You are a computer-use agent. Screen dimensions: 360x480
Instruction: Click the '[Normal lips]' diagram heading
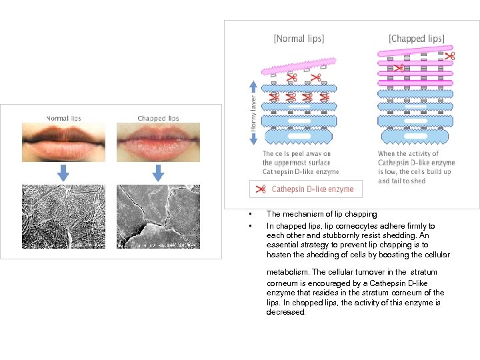299,39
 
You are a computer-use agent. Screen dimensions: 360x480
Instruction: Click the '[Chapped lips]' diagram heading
417,39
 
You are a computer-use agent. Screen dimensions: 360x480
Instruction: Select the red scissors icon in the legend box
261,189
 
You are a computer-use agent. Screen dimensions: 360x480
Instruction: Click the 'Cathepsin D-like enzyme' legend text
313,189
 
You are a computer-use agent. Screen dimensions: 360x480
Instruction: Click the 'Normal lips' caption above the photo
63,119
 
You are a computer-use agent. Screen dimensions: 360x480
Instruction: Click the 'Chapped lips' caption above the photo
159,119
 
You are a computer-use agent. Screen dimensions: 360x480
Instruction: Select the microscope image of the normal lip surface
63,216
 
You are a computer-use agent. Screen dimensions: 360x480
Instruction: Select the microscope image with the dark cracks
158,216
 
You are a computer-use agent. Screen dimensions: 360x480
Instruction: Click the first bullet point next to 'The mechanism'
248,215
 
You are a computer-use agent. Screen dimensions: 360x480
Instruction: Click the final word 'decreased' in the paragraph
286,312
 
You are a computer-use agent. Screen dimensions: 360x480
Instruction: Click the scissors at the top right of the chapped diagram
450,55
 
